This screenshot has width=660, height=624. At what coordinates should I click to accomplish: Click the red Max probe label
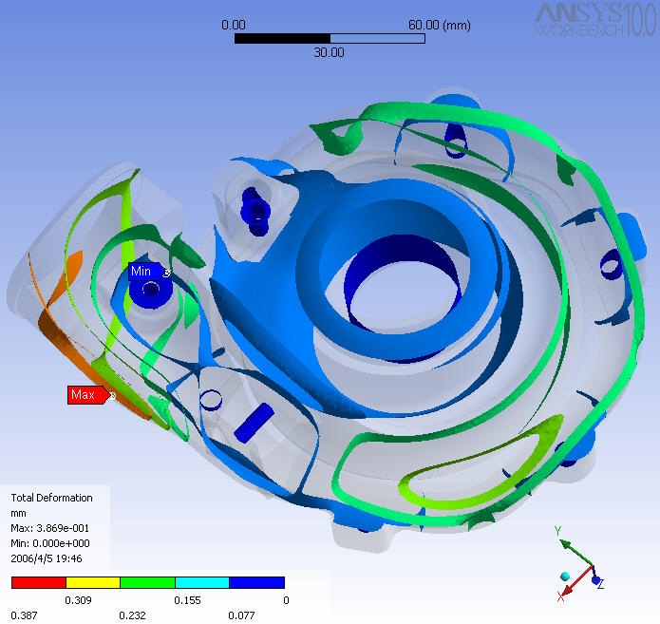85,394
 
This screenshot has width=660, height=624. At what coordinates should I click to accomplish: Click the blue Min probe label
141,272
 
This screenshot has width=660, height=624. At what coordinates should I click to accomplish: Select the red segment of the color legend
38,582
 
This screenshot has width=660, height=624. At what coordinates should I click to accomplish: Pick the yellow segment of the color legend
93,582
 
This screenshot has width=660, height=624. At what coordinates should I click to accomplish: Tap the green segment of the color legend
147,582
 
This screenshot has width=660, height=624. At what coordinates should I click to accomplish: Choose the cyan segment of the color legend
202,582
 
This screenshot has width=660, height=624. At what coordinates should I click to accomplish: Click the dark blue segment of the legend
257,582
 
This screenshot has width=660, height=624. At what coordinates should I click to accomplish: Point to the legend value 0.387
25,615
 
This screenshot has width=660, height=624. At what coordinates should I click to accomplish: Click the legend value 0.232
133,615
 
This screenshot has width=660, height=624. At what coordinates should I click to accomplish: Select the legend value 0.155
188,600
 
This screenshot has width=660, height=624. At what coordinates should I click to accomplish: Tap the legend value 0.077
242,615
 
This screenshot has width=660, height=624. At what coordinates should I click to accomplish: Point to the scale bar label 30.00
329,53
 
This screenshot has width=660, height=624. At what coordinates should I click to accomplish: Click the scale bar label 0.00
234,25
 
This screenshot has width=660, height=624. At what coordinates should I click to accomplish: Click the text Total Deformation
51,498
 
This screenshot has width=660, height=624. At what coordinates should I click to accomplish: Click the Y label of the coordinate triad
557,531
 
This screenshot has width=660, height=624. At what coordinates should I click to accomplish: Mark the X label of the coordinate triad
560,596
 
